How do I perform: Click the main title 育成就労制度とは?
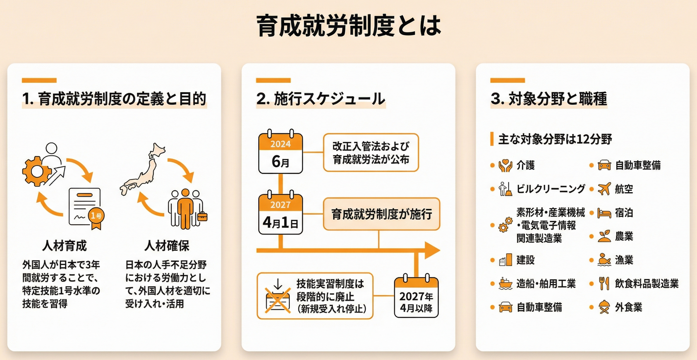click(x=348, y=26)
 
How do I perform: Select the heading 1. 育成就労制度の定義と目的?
click(x=114, y=99)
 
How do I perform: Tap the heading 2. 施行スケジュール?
click(x=321, y=99)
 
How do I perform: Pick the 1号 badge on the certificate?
click(x=96, y=216)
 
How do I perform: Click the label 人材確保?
click(x=167, y=246)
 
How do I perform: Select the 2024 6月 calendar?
click(x=280, y=153)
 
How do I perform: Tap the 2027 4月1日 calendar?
click(x=280, y=214)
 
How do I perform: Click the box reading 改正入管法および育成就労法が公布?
click(x=371, y=153)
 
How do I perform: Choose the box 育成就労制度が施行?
click(x=381, y=214)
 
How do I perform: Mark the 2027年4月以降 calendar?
click(x=416, y=296)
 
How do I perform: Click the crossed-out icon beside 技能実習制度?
click(x=278, y=296)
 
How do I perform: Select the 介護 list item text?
click(x=525, y=166)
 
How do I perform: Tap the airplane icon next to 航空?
click(x=604, y=189)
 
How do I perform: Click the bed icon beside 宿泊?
click(x=604, y=213)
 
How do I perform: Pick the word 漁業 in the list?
click(x=624, y=260)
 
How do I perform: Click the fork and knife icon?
click(x=604, y=284)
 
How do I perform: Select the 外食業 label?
click(x=628, y=308)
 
